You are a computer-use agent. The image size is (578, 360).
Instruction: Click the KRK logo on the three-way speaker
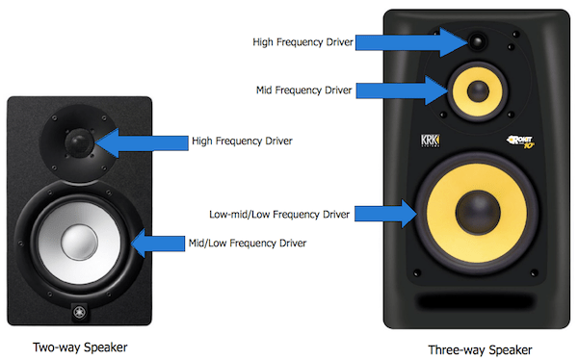pyautogui.click(x=431, y=141)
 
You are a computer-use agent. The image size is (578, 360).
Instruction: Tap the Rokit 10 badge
pyautogui.click(x=520, y=141)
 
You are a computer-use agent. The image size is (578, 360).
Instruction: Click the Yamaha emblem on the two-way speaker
pyautogui.click(x=79, y=313)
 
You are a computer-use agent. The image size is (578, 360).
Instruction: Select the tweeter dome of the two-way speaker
pyautogui.click(x=79, y=142)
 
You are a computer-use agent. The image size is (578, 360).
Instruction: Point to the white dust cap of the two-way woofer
pyautogui.click(x=79, y=243)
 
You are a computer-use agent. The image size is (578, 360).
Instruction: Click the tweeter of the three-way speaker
pyautogui.click(x=478, y=40)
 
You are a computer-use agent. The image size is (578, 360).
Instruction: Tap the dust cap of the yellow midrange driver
pyautogui.click(x=478, y=91)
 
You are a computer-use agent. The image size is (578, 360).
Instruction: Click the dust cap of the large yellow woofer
pyautogui.click(x=478, y=212)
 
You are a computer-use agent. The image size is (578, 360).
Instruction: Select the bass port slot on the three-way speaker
pyautogui.click(x=477, y=301)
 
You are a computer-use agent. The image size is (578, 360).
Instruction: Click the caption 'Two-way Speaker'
pyautogui.click(x=80, y=347)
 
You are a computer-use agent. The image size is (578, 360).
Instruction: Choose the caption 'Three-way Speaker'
pyautogui.click(x=480, y=349)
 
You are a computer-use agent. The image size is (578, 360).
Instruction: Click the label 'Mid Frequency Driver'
pyautogui.click(x=304, y=90)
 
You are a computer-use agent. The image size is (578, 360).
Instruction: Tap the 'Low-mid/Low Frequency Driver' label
pyautogui.click(x=279, y=215)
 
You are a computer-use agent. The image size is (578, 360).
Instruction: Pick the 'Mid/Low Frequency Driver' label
pyautogui.click(x=248, y=244)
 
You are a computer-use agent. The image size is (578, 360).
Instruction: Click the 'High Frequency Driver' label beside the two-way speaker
pyautogui.click(x=242, y=141)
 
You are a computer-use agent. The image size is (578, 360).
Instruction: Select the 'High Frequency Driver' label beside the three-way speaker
pyautogui.click(x=303, y=42)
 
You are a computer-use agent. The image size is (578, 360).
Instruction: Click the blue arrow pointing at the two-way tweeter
pyautogui.click(x=142, y=143)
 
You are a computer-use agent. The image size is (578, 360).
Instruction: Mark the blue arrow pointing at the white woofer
pyautogui.click(x=158, y=244)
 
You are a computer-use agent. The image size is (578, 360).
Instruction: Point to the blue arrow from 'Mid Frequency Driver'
pyautogui.click(x=402, y=90)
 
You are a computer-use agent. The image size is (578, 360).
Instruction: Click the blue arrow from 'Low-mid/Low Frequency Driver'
pyautogui.click(x=386, y=214)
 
